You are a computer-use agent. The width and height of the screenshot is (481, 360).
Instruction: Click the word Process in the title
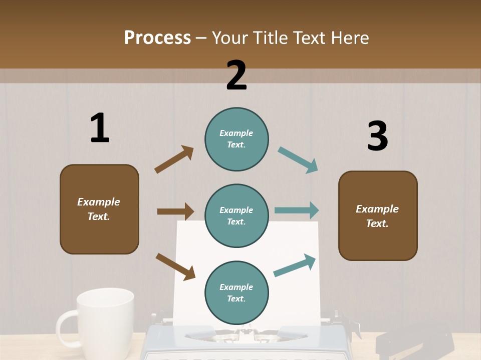tap(157, 38)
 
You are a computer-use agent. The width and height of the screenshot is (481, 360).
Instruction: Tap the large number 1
tap(100, 128)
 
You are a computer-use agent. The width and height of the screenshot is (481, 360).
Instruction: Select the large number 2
tap(236, 75)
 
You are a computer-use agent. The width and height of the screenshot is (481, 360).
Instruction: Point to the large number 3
tap(378, 136)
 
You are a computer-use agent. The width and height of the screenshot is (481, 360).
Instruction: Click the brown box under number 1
tap(99, 209)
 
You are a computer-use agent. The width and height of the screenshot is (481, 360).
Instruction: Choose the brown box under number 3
tap(378, 215)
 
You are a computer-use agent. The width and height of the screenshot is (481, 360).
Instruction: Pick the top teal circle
tap(236, 139)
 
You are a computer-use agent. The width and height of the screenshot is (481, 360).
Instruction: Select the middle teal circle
tap(236, 215)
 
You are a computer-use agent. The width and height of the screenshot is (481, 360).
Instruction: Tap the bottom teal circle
tap(236, 292)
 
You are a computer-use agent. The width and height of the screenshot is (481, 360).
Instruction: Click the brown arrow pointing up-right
tap(174, 159)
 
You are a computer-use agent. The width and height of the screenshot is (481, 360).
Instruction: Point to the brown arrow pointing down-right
tap(175, 266)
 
